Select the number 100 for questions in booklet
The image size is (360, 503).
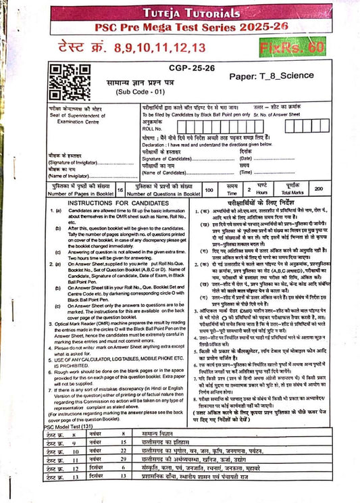click(209, 191)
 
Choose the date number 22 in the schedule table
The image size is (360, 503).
click(124, 450)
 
